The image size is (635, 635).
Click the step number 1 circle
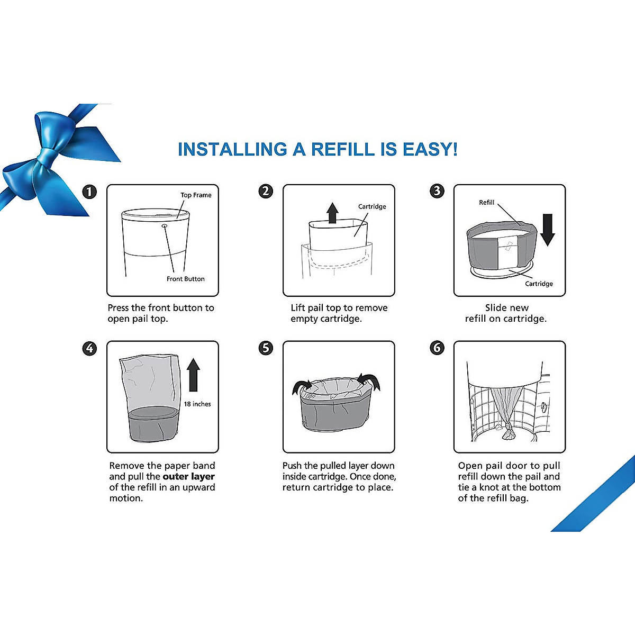(x=90, y=192)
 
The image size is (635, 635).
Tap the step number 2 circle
(x=266, y=191)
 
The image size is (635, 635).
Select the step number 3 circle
(x=437, y=191)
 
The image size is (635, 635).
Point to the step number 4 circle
(x=90, y=348)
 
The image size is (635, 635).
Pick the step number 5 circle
(x=266, y=348)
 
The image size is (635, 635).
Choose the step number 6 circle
(x=437, y=348)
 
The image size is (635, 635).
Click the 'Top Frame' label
(x=196, y=195)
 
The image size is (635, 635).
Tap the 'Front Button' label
(x=185, y=279)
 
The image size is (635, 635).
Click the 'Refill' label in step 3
(x=486, y=203)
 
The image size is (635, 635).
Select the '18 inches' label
(x=197, y=404)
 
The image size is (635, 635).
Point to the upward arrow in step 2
(x=332, y=213)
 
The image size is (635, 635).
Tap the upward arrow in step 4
(x=194, y=374)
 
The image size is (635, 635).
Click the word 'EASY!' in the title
(x=430, y=150)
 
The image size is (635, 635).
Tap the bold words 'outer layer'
(x=188, y=477)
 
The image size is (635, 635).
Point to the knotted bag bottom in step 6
(x=506, y=434)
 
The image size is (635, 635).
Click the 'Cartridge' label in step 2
(x=372, y=207)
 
